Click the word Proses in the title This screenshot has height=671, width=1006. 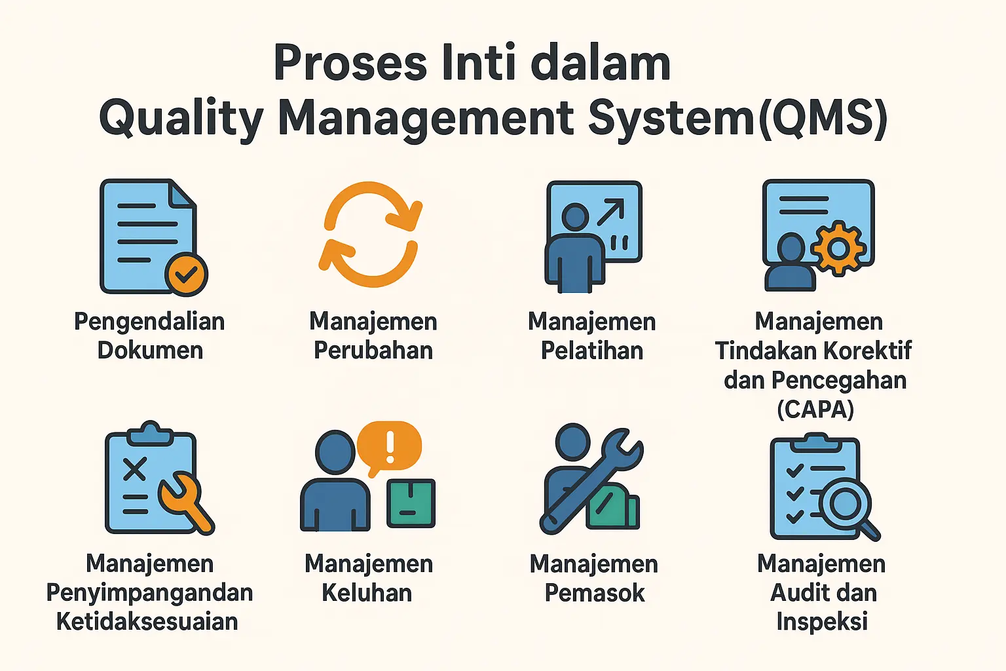coord(350,64)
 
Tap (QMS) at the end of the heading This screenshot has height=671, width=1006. coord(823,119)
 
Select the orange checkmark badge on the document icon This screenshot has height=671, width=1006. coord(187,274)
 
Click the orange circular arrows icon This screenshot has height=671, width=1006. coord(371,234)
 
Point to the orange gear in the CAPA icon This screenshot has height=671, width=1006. coord(838,248)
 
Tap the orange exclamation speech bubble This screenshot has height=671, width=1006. coord(390,446)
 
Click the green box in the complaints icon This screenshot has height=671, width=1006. coord(411,503)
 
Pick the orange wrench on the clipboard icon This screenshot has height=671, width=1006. coord(183,498)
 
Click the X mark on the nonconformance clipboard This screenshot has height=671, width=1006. coord(134,469)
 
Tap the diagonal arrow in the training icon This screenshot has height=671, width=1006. coord(610,212)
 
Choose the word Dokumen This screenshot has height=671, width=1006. coord(150,351)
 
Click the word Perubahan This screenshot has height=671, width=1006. coord(373,351)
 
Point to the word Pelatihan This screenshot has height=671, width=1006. coord(592,351)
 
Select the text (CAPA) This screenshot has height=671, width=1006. coord(815,410)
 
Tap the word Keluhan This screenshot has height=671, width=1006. coord(367,593)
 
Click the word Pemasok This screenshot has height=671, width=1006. coord(595,593)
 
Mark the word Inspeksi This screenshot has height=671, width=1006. coord(822,622)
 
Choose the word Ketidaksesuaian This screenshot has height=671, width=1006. coord(147,622)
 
